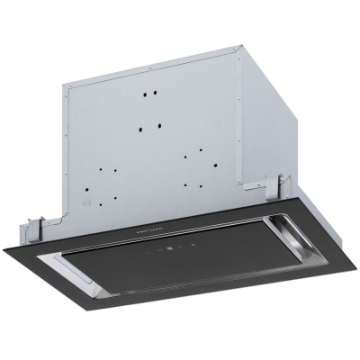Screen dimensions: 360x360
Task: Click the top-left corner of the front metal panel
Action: (66, 85)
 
